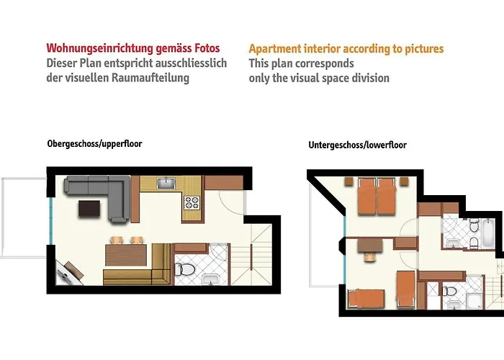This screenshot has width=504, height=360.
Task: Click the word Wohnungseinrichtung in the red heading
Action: click(x=99, y=48)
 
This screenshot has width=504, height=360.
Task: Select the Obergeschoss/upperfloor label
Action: click(x=94, y=144)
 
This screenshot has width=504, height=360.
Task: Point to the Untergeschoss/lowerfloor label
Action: click(x=357, y=145)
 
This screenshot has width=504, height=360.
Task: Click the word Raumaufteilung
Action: click(x=150, y=78)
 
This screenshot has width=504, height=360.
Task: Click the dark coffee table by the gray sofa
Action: click(x=89, y=209)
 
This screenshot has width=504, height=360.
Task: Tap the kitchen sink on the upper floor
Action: click(x=166, y=183)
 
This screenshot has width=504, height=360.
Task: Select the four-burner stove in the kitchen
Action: click(x=192, y=202)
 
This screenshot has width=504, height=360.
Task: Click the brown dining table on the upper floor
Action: click(x=126, y=255)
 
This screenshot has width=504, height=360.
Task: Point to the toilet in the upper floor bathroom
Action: click(x=184, y=269)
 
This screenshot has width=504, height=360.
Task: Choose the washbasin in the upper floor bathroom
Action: click(x=210, y=279)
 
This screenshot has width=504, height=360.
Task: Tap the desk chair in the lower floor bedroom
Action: click(x=370, y=257)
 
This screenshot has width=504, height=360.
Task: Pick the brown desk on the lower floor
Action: click(x=370, y=246)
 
